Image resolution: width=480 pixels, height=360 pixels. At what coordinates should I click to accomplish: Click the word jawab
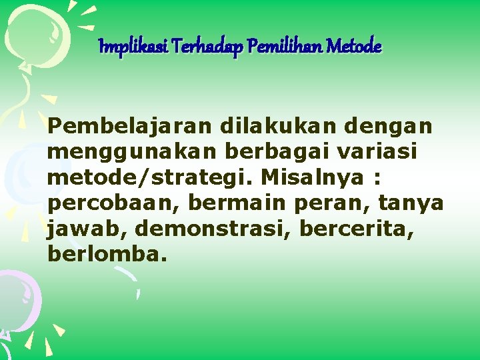coord(85,228)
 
